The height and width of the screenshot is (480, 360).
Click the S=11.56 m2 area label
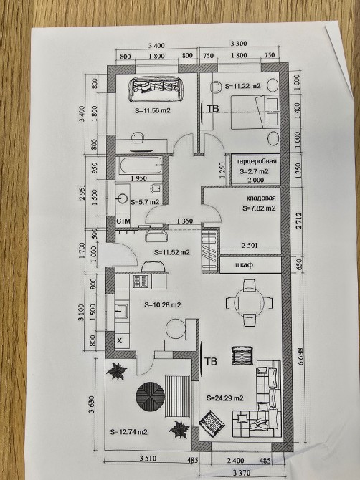coord(153,111)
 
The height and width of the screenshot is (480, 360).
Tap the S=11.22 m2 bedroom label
coord(242,86)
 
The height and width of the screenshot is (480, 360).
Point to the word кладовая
coord(261,198)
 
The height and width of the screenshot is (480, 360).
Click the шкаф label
coord(245,264)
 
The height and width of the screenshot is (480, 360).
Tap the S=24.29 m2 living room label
coord(225,398)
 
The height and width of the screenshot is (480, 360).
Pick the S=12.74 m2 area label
coord(128,432)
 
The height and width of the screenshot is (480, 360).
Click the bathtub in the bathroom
coord(141,165)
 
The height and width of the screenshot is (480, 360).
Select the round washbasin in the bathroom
coord(122,198)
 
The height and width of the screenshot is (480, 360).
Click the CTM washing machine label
coord(123,221)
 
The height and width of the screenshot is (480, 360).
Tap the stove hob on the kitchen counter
coord(141,282)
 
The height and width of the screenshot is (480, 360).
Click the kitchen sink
coord(122,312)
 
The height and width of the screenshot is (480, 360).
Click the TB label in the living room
coord(211,362)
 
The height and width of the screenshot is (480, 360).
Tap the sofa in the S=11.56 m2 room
coord(153,88)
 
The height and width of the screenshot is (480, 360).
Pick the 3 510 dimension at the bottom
coord(148,459)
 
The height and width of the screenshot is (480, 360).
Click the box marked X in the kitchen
coord(120,340)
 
